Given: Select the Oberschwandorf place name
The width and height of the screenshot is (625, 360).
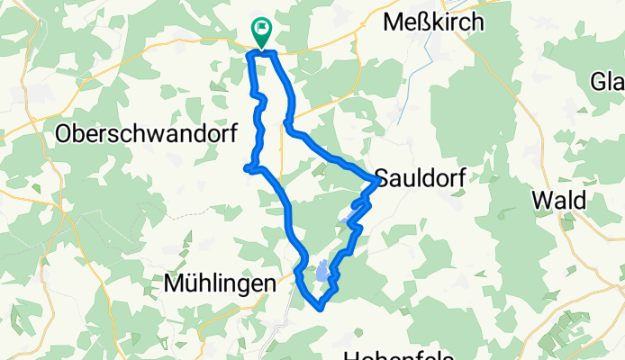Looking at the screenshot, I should point(146,134).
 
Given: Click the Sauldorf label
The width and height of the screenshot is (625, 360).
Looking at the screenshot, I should point(421,177).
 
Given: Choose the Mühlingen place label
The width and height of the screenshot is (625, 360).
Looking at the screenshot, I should point(220,284).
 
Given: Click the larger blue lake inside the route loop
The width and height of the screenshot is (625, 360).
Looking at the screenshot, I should point(322,271).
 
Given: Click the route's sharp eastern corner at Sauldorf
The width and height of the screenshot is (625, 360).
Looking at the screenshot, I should point(376,181).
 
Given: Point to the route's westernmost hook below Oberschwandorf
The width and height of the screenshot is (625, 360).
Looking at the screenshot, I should point(246,166).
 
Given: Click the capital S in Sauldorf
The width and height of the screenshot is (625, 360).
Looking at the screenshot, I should point(381,177).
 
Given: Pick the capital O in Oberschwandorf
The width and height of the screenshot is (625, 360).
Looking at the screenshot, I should point(65,134).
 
